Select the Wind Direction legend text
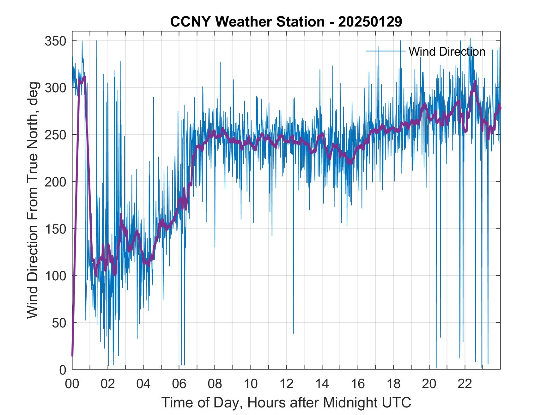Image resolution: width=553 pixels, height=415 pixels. [447, 52]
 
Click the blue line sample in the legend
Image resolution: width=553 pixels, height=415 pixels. [385, 51]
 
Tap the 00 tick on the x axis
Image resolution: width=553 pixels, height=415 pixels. [72, 384]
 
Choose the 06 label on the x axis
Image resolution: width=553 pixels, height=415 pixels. [179, 384]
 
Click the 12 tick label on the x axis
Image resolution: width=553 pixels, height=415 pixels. [286, 384]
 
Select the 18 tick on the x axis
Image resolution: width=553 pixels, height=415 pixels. [393, 384]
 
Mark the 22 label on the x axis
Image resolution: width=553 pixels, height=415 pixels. [465, 384]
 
